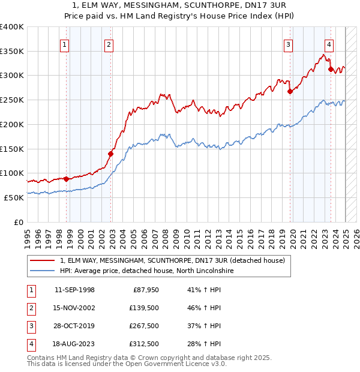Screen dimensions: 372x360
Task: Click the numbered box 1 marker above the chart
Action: coord(64,44)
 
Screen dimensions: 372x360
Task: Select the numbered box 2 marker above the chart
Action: coord(108,44)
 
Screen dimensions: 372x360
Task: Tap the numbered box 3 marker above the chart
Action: coord(289,44)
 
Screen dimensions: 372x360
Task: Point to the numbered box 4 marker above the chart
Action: coord(329,44)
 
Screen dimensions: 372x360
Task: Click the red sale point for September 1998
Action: coord(66,178)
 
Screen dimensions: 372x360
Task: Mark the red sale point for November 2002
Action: coord(111,154)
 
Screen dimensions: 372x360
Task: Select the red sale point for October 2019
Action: coord(290,91)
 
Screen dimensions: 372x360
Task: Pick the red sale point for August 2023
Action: coord(331,69)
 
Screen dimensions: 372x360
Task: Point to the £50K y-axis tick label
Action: coord(13,197)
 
